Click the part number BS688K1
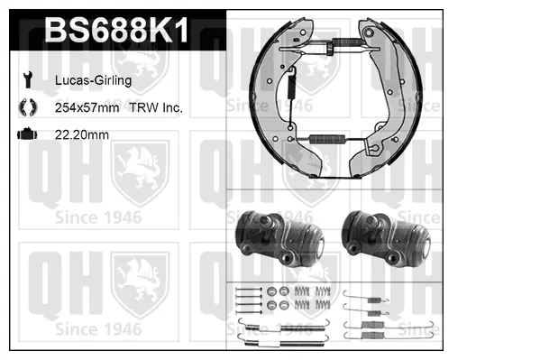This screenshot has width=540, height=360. point(117,30)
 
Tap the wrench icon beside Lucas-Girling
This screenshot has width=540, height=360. point(28,80)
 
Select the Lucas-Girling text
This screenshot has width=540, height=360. point(94,80)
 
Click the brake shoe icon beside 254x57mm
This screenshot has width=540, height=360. point(28,107)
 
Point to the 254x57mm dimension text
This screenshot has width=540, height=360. point(87,107)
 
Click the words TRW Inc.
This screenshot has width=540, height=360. point(156,107)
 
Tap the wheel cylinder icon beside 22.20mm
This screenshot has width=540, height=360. point(28,134)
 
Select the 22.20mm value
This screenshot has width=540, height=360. point(82,134)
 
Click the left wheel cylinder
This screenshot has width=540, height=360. point(279,238)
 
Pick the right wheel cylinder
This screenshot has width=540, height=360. point(386,238)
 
